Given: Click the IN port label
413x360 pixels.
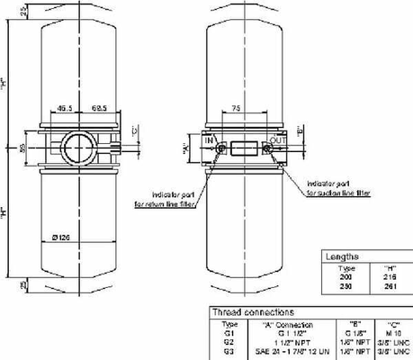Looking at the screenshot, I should pyautogui.click(x=209, y=140).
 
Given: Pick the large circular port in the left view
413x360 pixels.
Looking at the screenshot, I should pyautogui.click(x=76, y=145).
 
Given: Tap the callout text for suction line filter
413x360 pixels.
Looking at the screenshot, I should pyautogui.click(x=337, y=186).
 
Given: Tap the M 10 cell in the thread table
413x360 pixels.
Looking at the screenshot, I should pyautogui.click(x=393, y=331).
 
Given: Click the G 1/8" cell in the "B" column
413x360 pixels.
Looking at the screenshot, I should pyautogui.click(x=354, y=331).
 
